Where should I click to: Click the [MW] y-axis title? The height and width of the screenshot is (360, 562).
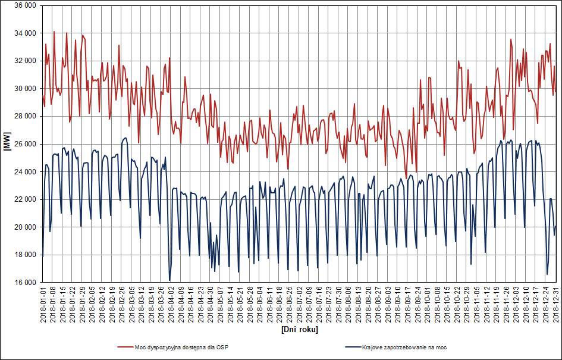coord(7,144)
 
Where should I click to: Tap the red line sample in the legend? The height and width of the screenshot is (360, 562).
coord(125,347)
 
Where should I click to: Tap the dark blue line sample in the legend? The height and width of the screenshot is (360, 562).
coord(352,347)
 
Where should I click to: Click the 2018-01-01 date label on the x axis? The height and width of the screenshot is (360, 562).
coord(43,304)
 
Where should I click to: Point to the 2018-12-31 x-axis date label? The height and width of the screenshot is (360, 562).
coord(555,304)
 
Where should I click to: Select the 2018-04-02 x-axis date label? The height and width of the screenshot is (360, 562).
coord(171,304)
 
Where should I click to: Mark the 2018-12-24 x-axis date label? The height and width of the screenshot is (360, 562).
coord(545,304)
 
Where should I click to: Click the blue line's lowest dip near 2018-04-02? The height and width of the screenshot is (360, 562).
coord(169,280)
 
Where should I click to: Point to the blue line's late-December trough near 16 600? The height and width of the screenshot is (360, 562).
coord(547,274)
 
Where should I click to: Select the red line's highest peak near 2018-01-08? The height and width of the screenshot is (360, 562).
coord(54,32)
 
